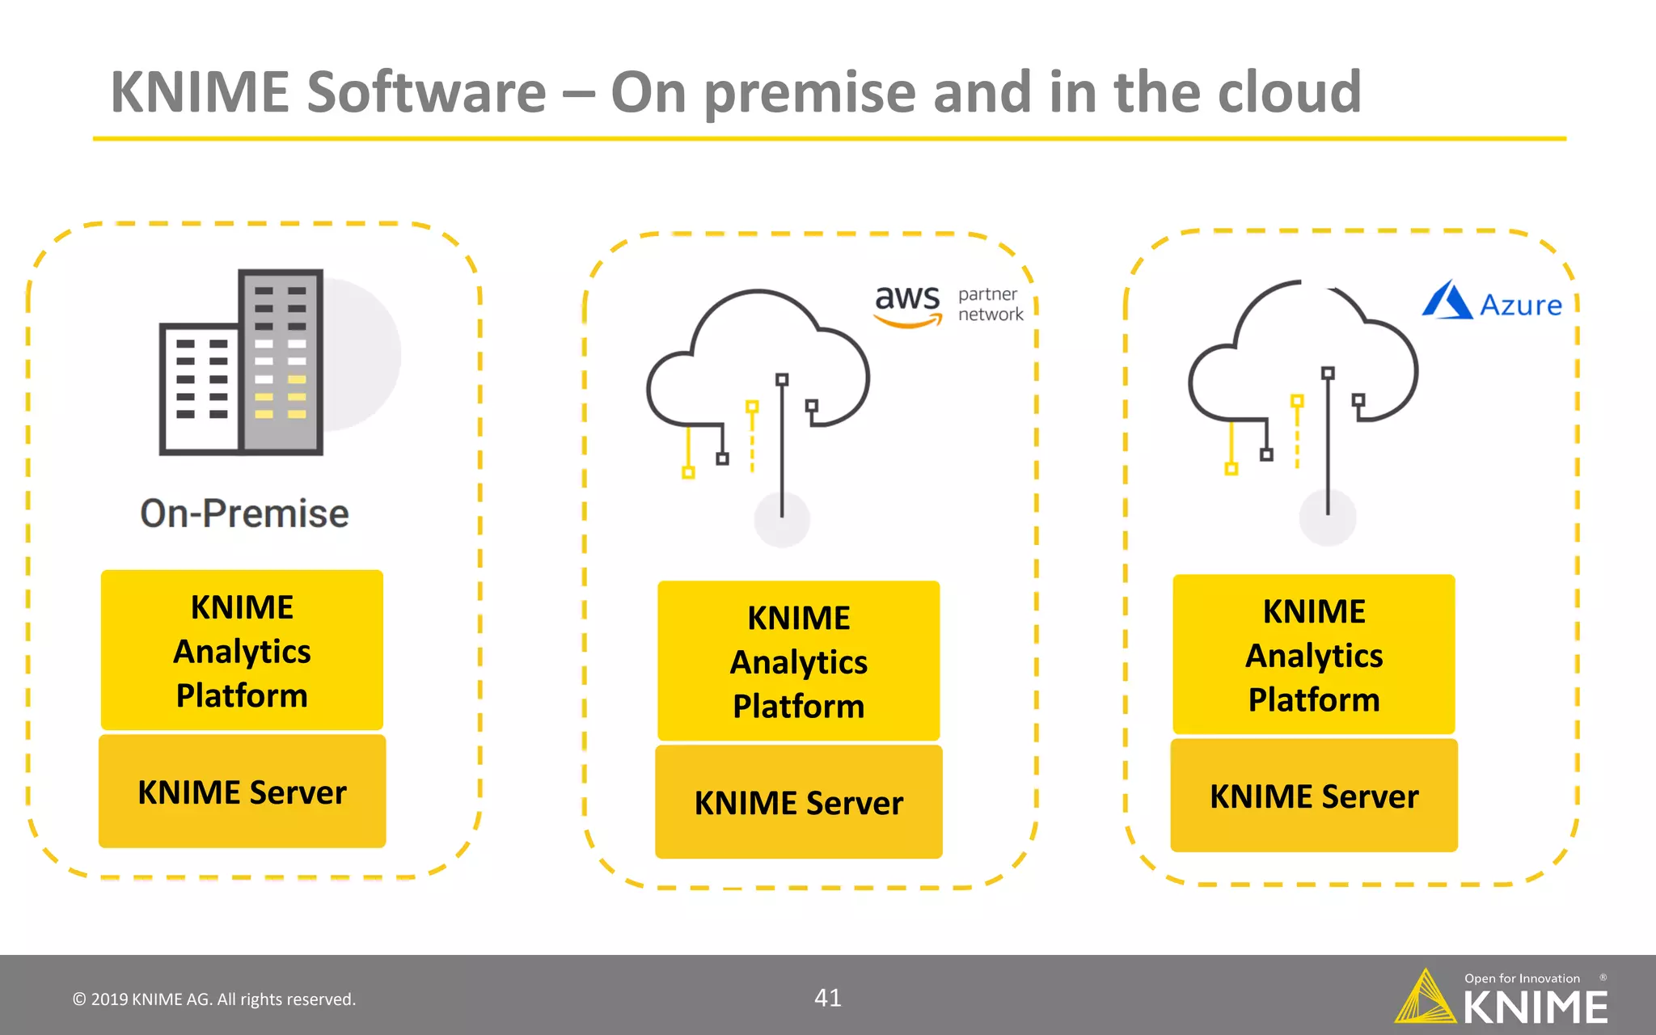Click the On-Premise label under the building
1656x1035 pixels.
tap(244, 513)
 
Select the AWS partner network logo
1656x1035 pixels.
tap(948, 306)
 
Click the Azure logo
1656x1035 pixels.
tap(1492, 301)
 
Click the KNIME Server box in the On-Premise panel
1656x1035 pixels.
tap(242, 792)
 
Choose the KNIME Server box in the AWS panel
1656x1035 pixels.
tap(798, 802)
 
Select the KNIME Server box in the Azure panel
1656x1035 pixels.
tap(1314, 796)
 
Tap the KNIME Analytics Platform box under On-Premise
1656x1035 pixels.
tap(242, 650)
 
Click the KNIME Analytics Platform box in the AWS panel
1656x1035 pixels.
tap(798, 661)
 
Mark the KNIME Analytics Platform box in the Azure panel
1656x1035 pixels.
tap(1314, 654)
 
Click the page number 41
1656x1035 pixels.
tap(827, 998)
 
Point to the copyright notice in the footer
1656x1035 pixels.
tap(214, 999)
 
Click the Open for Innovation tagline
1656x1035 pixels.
tap(1522, 978)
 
